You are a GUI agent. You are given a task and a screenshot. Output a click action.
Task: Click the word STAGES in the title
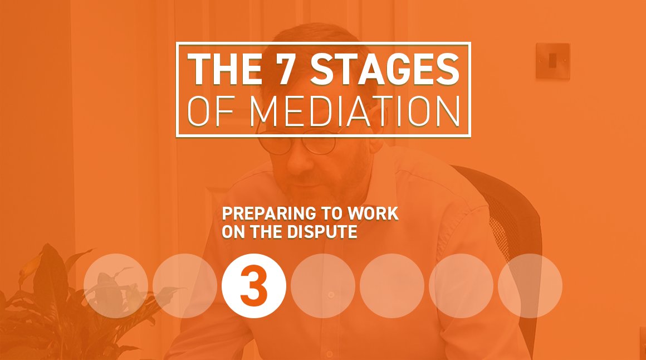pyautogui.click(x=384, y=69)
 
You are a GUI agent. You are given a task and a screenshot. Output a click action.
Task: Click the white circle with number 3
pyautogui.click(x=254, y=286)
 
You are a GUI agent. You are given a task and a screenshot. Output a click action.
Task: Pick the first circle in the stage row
pyautogui.click(x=116, y=286)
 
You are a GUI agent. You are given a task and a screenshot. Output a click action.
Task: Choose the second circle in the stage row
pyautogui.click(x=185, y=286)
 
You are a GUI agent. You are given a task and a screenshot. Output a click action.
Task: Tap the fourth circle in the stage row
pyautogui.click(x=323, y=286)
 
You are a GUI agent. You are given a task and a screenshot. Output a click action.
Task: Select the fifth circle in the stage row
pyautogui.click(x=392, y=286)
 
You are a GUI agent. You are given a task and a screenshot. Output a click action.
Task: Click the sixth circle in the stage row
pyautogui.click(x=461, y=286)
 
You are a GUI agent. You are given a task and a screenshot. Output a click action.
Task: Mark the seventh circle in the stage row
pyautogui.click(x=530, y=286)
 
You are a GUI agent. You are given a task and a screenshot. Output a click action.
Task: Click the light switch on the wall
pyautogui.click(x=552, y=61)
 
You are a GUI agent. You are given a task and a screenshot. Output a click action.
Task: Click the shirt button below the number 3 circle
pyautogui.click(x=330, y=294)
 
